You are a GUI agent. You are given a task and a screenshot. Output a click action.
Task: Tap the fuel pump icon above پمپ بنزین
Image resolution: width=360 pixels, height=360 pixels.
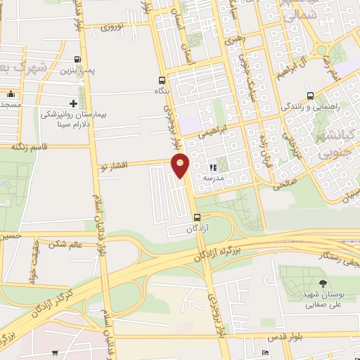point(77,60)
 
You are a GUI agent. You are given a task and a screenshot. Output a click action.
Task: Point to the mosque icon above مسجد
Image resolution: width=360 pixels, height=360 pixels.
point(10,94)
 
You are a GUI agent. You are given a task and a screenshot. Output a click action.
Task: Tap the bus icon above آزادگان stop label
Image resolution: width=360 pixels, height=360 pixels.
point(197,217)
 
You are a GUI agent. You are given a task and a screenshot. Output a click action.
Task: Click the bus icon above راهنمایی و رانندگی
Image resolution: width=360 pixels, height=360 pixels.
point(310,96)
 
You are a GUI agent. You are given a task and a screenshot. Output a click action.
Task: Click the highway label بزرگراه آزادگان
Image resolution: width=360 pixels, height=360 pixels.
point(217,254)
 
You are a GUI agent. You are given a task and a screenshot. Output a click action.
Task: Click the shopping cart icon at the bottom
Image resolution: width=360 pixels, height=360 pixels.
point(55,354)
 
